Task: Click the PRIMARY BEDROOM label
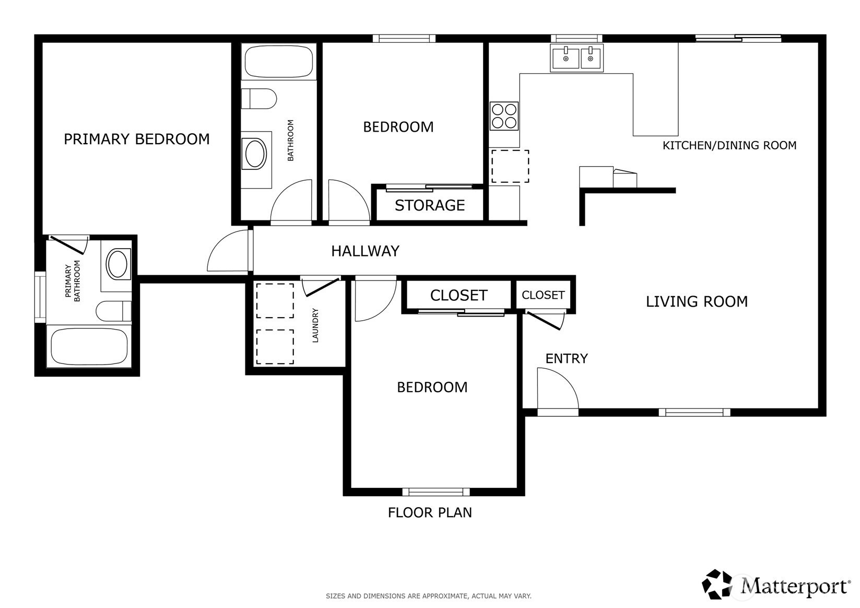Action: pos(137,139)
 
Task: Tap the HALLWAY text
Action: pos(365,251)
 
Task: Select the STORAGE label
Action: pos(430,205)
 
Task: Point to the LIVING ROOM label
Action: pos(697,301)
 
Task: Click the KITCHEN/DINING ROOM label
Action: pos(729,145)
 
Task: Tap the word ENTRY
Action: pos(567,359)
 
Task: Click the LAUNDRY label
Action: pos(315,325)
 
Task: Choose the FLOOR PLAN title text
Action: pos(430,512)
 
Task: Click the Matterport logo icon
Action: pos(717,584)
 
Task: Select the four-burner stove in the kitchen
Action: pos(504,116)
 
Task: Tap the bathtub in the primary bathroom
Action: pos(89,347)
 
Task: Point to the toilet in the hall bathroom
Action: pos(259,99)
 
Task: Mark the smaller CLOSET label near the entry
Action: pos(543,295)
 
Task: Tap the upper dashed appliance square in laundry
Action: pos(275,301)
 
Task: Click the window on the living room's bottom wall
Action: pos(694,413)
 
